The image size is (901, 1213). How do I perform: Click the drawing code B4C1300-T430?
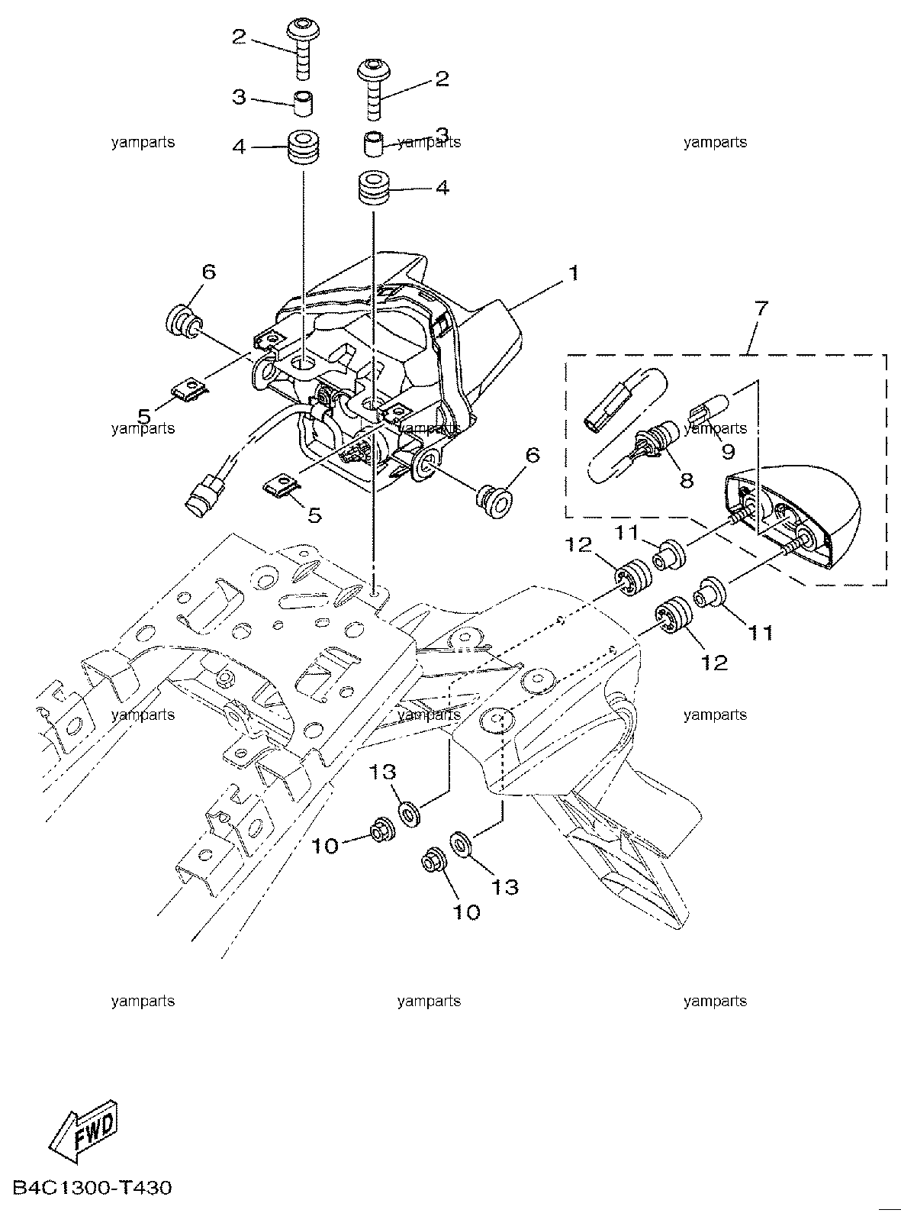[92, 1188]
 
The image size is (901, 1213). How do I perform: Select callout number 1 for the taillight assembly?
[574, 273]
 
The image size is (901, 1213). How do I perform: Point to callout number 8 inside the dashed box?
[686, 480]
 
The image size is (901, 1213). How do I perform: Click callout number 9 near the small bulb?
[728, 451]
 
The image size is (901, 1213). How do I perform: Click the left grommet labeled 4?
[304, 147]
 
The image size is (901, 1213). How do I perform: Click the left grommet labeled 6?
[182, 321]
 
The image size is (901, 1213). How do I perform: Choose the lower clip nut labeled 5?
[282, 483]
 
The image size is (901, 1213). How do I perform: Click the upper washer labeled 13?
[410, 813]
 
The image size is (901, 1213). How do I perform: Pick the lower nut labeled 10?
[435, 869]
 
